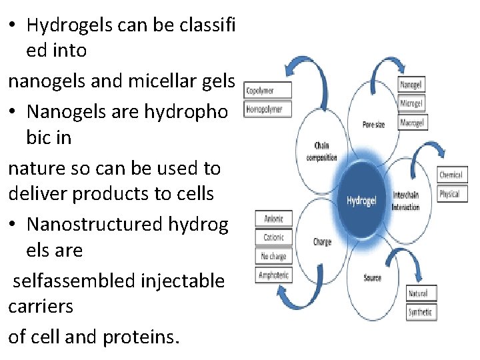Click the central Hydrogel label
[x=362, y=199]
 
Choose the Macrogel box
[x=412, y=123]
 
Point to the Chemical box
[x=451, y=175]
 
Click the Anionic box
[x=274, y=219]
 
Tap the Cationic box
[x=274, y=237]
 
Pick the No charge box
[x=274, y=256]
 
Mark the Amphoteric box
[x=274, y=275]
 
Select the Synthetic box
[x=421, y=312]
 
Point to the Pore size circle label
[x=373, y=125]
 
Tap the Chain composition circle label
[x=321, y=151]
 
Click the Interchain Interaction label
[x=406, y=201]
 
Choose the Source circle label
[x=373, y=277]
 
